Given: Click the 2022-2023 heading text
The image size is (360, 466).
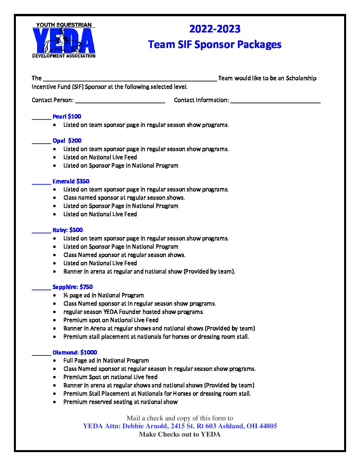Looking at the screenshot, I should coord(215,29).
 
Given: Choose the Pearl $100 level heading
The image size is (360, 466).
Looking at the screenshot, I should coord(67,117).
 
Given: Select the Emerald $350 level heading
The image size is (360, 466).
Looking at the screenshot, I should coord(71,181).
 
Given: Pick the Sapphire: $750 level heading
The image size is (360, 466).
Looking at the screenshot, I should coord(72,287).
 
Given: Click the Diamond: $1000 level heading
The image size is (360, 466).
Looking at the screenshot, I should coord(74,352).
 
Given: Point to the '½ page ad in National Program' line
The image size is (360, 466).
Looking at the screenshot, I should coord(104,295).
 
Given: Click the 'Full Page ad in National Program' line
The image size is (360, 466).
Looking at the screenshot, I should coord(106,360).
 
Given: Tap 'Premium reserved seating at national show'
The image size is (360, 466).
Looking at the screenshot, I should coord(120,402).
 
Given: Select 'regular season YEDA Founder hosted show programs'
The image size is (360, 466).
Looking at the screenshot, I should coord(133,312).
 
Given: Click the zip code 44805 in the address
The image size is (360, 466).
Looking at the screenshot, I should coord(268,426).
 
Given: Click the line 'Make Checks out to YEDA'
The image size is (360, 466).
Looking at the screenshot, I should coord(180,435).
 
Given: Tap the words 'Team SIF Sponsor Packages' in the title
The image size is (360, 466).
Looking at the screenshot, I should coord(215,45).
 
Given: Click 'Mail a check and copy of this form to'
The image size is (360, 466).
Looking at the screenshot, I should coord(180,418).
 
